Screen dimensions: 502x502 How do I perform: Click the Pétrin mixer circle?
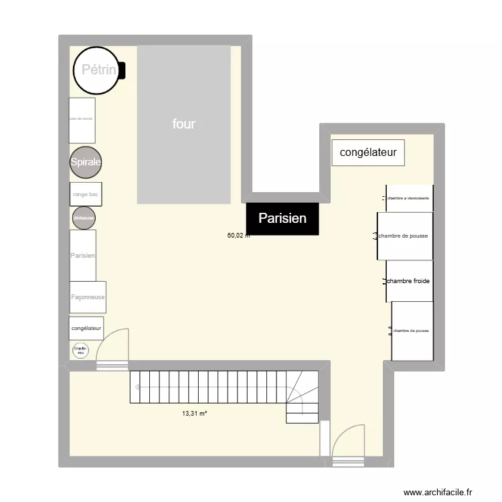(x=96, y=70)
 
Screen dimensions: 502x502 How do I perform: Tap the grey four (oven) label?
(x=183, y=124)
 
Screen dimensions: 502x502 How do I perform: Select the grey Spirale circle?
(x=86, y=163)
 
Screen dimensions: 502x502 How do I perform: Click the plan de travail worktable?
(x=82, y=120)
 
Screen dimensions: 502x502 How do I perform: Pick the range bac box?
(x=86, y=195)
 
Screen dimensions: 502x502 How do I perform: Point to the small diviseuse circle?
(x=84, y=218)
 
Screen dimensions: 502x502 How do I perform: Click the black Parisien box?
(x=282, y=218)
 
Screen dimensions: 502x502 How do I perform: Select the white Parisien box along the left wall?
(x=83, y=256)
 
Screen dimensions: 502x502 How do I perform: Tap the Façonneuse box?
(x=88, y=297)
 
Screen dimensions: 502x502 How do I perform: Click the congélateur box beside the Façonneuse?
(x=86, y=328)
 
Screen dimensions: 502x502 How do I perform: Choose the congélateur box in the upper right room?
(x=368, y=153)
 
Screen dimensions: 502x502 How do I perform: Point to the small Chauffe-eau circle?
(x=80, y=350)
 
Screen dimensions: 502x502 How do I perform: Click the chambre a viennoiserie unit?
(x=409, y=198)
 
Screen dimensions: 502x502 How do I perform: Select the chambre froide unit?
(x=408, y=281)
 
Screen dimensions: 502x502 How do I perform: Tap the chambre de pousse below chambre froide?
(x=412, y=331)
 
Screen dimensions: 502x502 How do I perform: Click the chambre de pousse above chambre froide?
(x=403, y=236)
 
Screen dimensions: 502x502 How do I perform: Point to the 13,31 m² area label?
(x=194, y=413)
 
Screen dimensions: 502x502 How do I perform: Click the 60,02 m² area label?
(x=238, y=236)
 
